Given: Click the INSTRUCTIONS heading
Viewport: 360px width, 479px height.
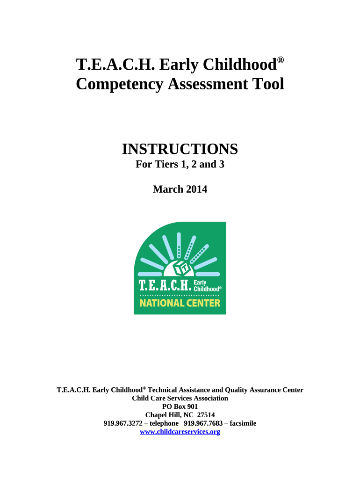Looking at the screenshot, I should pos(180,150).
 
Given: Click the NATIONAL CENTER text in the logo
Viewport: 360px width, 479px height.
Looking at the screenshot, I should pos(180,303).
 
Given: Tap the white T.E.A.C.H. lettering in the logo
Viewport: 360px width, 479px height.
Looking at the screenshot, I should pos(165,285).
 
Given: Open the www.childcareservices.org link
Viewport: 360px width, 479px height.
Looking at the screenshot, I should pos(180,432).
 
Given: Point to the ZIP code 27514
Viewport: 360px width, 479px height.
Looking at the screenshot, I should pos(206,415).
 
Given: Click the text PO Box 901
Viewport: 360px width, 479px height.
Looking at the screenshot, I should pos(180,406).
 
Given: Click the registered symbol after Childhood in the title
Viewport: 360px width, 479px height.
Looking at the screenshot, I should pos(281,61).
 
